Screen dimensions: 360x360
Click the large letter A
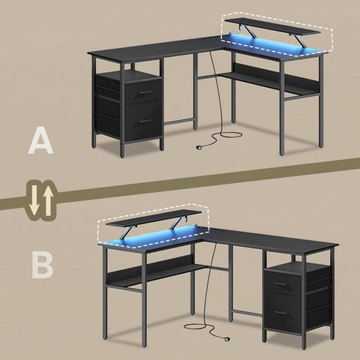point(40,140)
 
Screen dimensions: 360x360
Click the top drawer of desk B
point(289,284)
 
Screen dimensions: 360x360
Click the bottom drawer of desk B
point(289,312)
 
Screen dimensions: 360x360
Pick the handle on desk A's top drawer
point(147,92)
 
